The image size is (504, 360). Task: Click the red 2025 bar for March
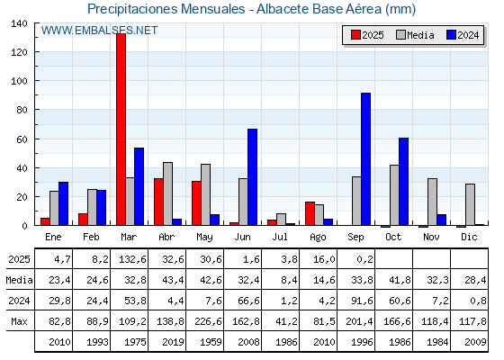tap(121, 130)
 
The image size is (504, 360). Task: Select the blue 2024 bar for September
tap(365, 158)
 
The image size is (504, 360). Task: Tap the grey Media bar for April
tap(167, 193)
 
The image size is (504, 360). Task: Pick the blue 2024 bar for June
tap(252, 176)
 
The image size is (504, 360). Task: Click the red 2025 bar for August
tap(310, 213)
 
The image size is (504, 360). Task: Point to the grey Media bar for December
tap(470, 204)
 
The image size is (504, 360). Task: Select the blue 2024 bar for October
tap(404, 181)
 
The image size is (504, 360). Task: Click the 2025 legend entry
tap(367, 35)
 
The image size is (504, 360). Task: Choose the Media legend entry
tap(415, 35)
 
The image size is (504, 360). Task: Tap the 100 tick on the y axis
tap(20, 81)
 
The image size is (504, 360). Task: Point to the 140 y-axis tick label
tap(20, 23)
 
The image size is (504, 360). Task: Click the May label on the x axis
tap(205, 238)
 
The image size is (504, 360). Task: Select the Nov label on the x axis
tap(431, 237)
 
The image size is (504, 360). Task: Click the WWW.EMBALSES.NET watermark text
tap(99, 31)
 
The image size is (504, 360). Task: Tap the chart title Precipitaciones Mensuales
tap(166, 9)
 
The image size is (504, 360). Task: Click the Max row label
tap(19, 321)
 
